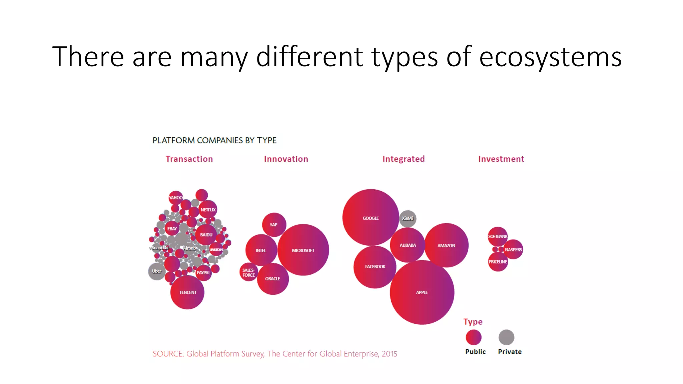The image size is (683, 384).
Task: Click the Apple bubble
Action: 422,292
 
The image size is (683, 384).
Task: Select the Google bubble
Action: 371,218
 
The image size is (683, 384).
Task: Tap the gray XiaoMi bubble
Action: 408,219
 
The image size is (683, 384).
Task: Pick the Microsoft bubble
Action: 303,250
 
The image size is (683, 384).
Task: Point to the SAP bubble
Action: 274,225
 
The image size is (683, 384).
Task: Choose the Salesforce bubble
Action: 248,272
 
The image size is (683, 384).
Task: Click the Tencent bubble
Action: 187,292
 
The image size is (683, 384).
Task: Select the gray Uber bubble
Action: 157,271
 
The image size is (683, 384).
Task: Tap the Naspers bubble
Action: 513,249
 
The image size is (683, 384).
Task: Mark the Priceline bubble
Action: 498,262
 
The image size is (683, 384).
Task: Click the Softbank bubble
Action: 498,236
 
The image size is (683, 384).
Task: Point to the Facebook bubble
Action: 375,267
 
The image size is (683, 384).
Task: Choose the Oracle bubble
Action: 273,279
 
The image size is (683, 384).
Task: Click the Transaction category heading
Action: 189,159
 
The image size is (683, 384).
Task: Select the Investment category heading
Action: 501,159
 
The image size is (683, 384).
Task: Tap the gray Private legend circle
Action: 506,337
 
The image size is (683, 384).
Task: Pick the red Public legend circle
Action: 474,337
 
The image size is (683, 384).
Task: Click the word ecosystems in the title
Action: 550,57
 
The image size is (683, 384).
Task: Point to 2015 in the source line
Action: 389,354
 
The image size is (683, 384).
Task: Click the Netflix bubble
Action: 208,210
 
